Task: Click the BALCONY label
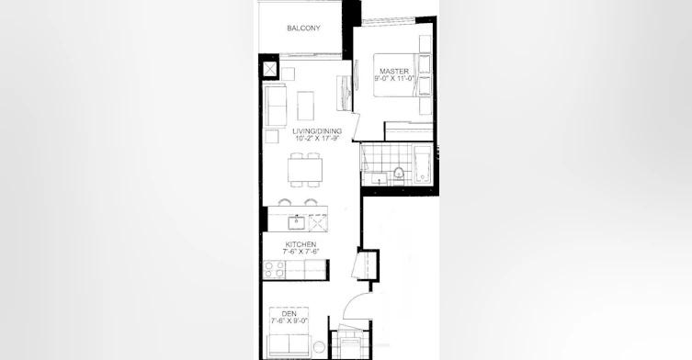pyautogui.click(x=303, y=28)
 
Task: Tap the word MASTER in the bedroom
pyautogui.click(x=394, y=71)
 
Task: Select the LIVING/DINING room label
pyautogui.click(x=317, y=131)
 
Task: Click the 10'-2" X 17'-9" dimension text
pyautogui.click(x=317, y=139)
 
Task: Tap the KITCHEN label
pyautogui.click(x=301, y=244)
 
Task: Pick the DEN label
pyautogui.click(x=289, y=314)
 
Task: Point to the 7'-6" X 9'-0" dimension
pyautogui.click(x=289, y=321)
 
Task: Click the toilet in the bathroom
pyautogui.click(x=399, y=174)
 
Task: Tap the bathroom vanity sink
pyautogui.click(x=380, y=178)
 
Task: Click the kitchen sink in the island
pyautogui.click(x=297, y=223)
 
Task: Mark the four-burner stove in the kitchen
pyautogui.click(x=274, y=270)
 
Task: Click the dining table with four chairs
pyautogui.click(x=305, y=169)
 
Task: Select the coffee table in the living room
pyautogui.click(x=305, y=106)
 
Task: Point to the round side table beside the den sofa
pyautogui.click(x=319, y=347)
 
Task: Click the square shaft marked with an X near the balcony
pyautogui.click(x=269, y=70)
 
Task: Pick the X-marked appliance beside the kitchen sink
pyautogui.click(x=318, y=223)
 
